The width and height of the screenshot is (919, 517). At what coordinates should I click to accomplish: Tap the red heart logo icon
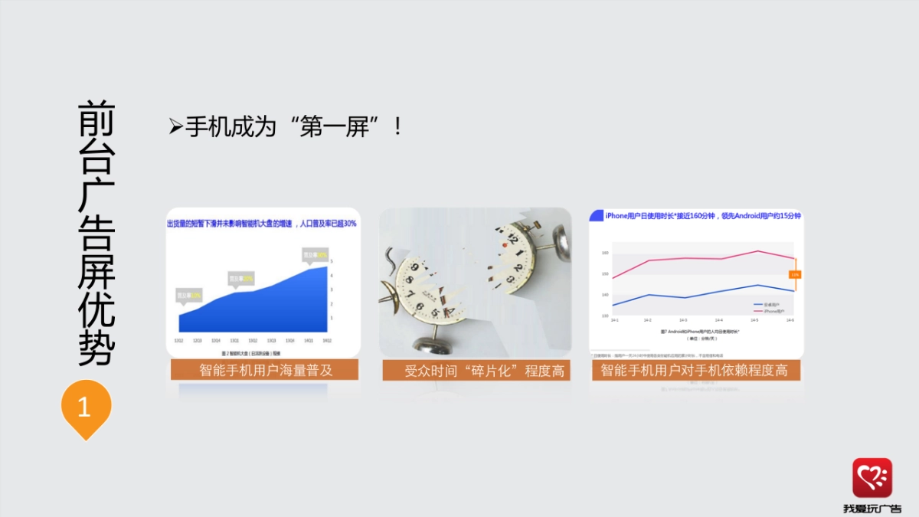872,478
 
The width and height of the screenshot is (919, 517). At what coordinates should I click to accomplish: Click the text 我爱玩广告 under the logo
872,508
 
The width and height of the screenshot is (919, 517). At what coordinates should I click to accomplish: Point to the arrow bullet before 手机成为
175,126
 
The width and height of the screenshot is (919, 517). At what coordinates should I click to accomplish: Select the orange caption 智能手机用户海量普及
265,371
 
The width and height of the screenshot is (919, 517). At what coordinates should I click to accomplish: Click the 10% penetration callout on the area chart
189,294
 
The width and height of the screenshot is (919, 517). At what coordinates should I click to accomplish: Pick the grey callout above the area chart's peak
315,254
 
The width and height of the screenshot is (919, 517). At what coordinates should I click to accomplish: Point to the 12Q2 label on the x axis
178,341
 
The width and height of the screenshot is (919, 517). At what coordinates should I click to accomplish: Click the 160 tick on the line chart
605,253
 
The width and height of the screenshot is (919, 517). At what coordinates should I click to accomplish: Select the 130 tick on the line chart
605,316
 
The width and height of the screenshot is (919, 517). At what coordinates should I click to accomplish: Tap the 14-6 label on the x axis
790,320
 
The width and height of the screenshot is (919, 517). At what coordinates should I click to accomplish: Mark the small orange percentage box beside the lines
795,274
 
